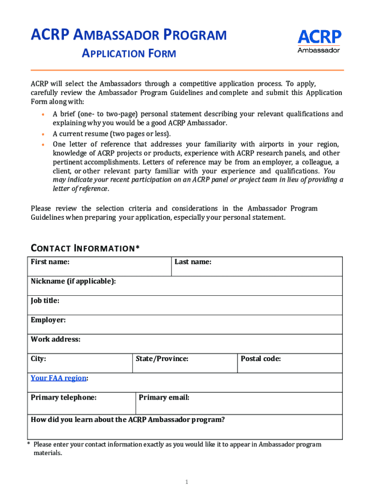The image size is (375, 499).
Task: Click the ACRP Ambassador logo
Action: (x=319, y=41)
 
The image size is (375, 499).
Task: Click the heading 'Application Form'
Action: (x=129, y=53)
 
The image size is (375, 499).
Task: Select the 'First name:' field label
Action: (x=50, y=262)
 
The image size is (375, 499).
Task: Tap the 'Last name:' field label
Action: (x=193, y=262)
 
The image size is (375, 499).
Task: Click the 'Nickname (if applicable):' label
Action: (x=74, y=281)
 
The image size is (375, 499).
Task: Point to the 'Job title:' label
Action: (x=45, y=301)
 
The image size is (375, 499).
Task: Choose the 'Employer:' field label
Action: (x=48, y=320)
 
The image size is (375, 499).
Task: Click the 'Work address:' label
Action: (x=56, y=339)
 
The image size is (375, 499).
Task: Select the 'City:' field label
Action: (x=38, y=359)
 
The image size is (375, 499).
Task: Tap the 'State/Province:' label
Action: (x=162, y=359)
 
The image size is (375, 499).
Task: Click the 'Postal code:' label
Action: (x=261, y=359)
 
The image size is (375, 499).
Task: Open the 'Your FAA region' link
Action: (x=58, y=378)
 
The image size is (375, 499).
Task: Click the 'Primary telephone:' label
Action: (x=64, y=397)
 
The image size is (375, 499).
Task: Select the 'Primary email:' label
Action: (x=164, y=397)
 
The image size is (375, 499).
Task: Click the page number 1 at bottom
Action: (x=187, y=482)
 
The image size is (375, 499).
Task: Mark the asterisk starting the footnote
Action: (x=29, y=444)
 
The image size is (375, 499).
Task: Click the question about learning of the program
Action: (x=128, y=420)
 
